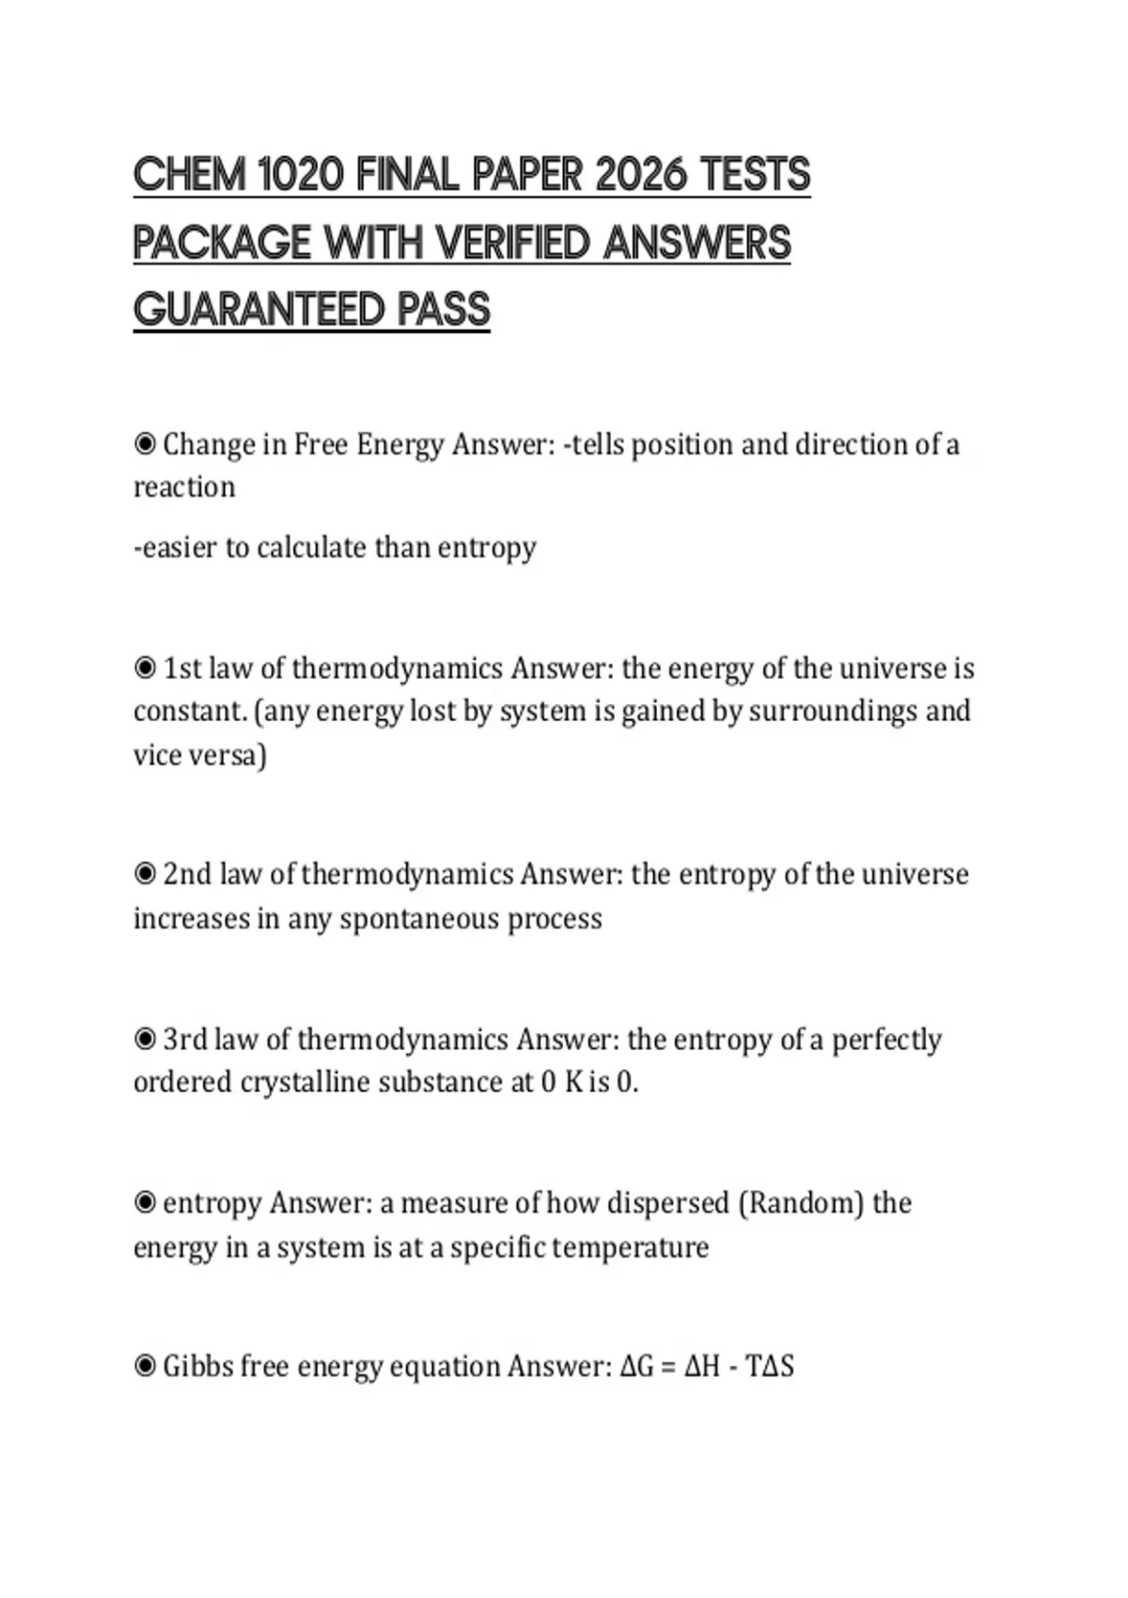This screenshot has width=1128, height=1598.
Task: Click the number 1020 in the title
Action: coord(299,175)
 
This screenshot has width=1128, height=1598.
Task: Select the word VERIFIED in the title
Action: coord(514,243)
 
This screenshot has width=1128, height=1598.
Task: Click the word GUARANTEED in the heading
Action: coord(258,309)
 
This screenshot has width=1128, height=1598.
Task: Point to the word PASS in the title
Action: coord(444,309)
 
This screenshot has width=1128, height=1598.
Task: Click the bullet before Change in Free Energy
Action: coord(145,444)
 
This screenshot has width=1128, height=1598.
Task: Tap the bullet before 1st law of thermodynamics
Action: coord(145,668)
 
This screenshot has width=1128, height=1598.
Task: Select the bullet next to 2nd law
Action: coord(145,874)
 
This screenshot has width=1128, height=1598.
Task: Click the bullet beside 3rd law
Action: coord(145,1039)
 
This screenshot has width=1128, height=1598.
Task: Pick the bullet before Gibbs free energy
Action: coord(145,1366)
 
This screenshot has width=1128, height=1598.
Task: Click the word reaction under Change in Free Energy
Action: coord(184,488)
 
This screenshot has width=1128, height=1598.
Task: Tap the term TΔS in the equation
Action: coord(769,1366)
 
